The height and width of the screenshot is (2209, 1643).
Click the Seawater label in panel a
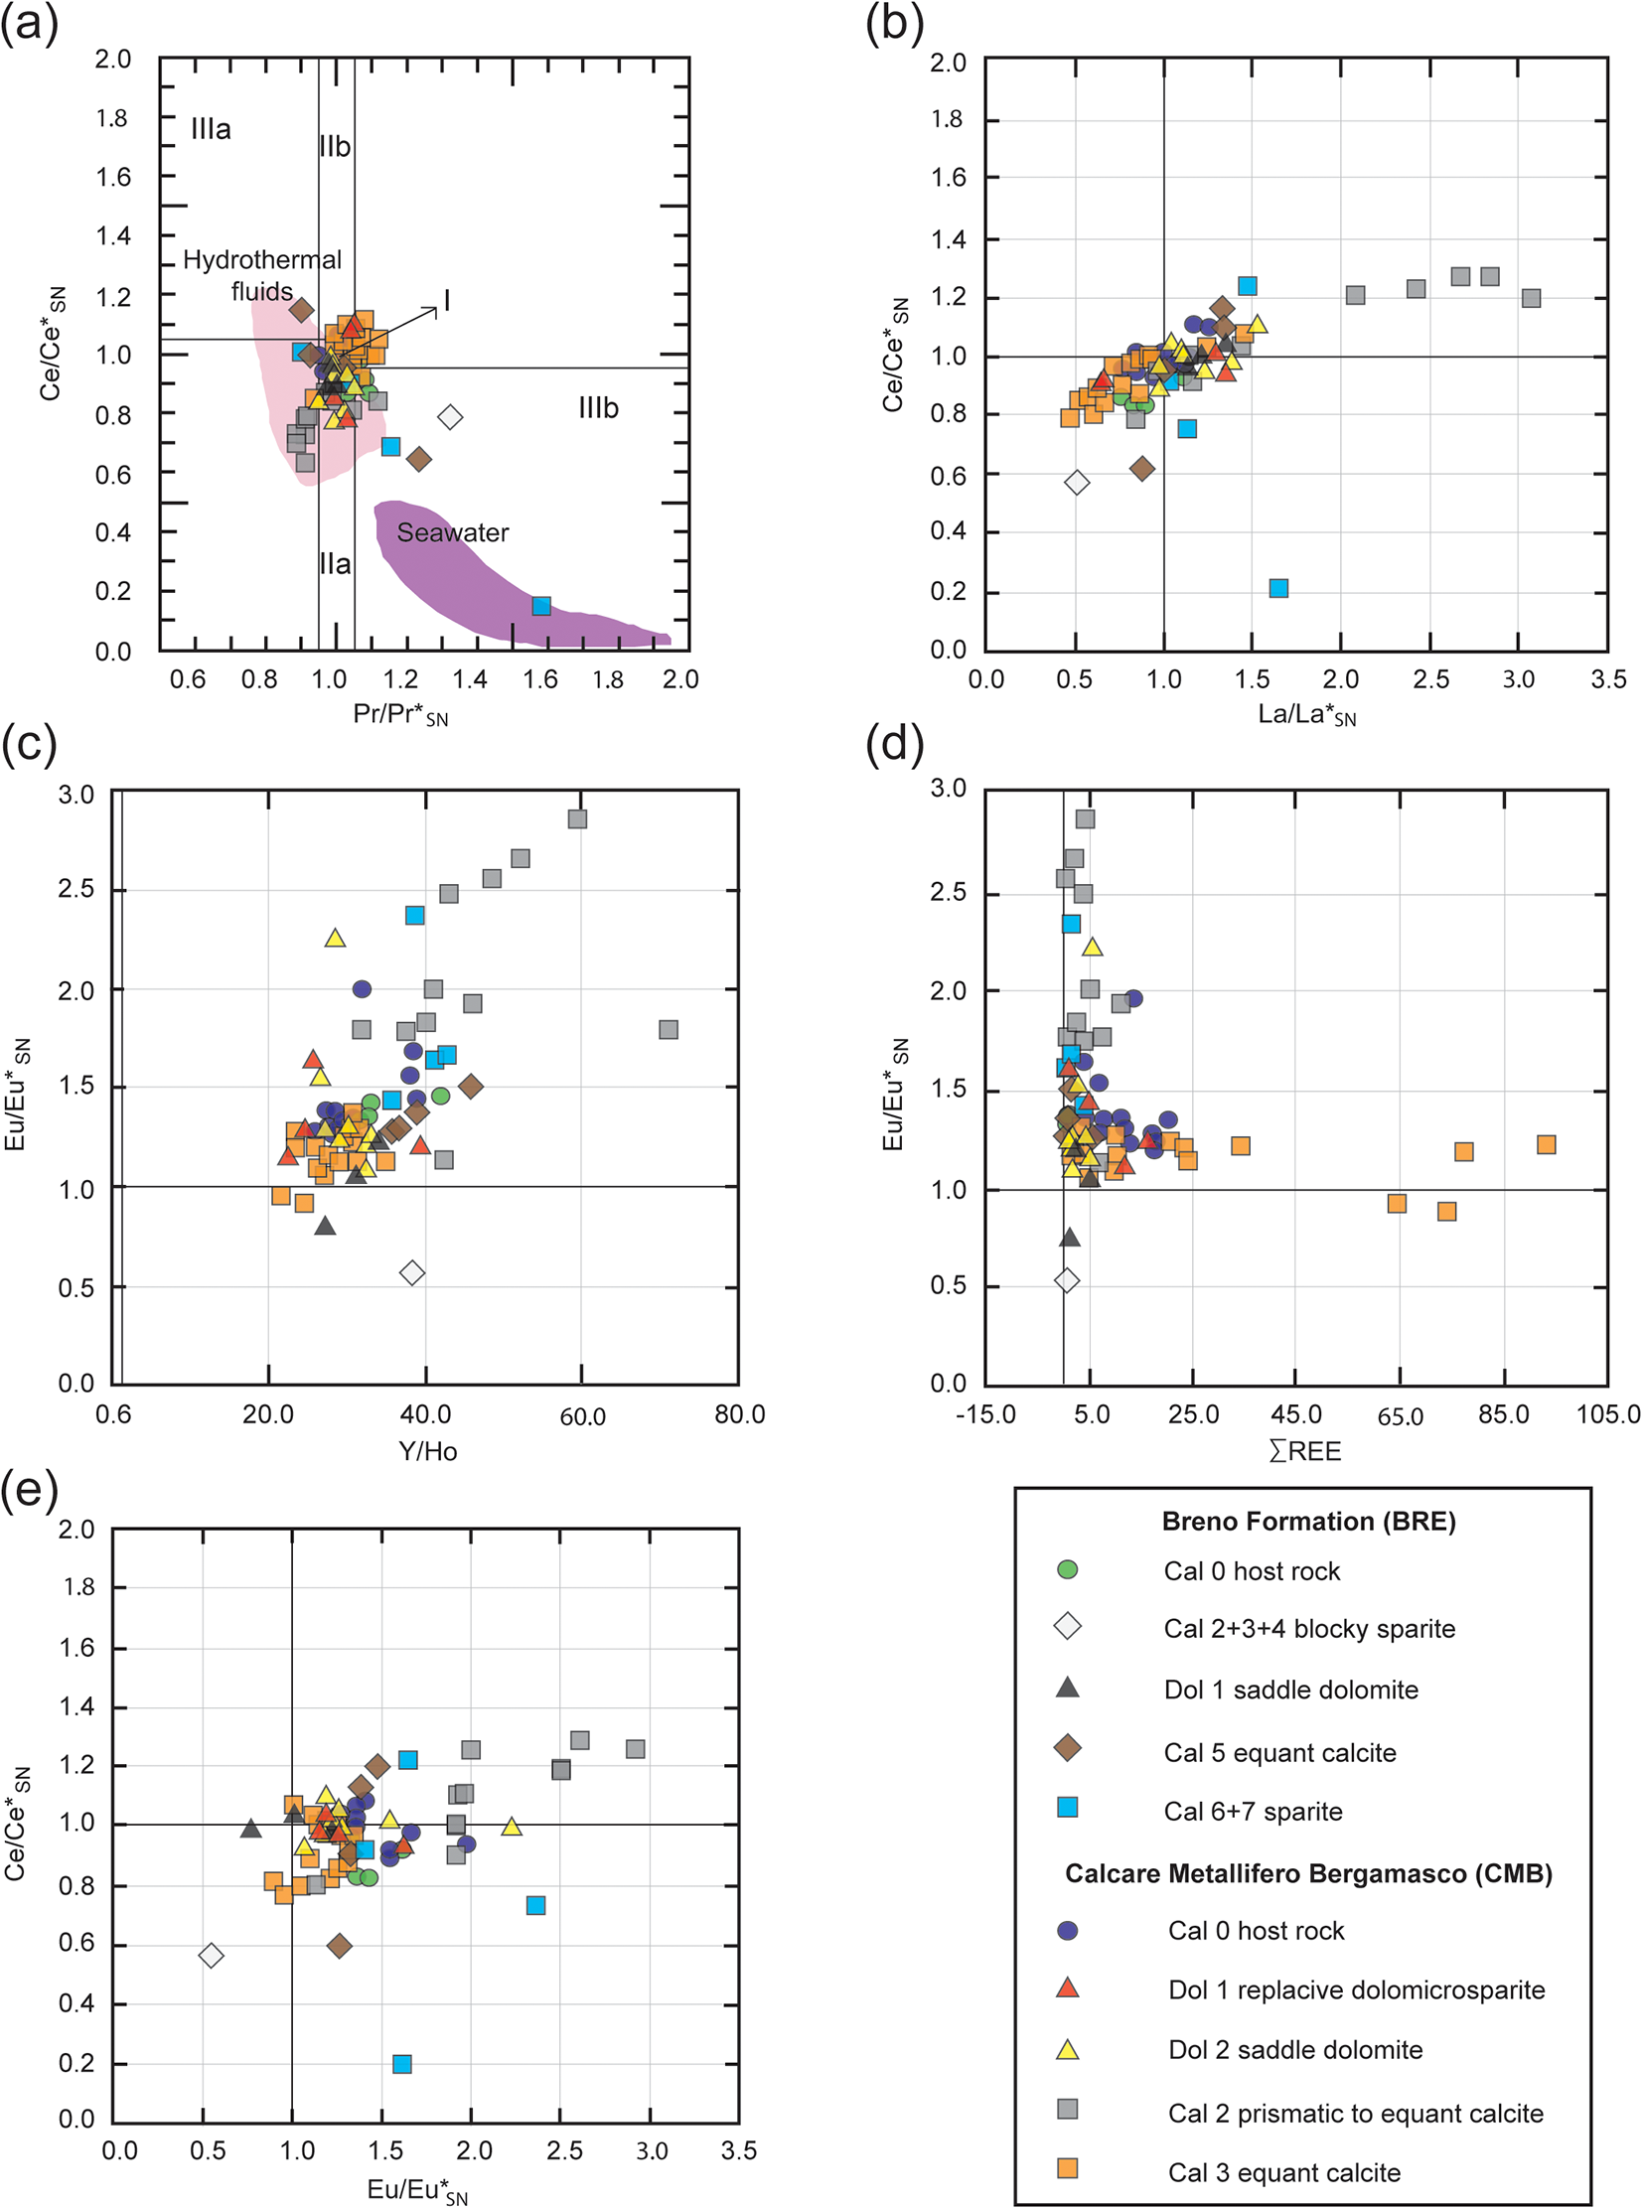coord(453,533)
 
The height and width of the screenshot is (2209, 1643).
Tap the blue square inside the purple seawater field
coord(541,606)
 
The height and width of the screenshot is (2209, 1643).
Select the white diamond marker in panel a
coord(451,417)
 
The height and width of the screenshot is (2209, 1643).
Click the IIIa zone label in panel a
coord(211,129)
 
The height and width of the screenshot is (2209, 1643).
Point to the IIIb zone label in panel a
coord(598,408)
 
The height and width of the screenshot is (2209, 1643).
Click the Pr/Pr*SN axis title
coord(399,714)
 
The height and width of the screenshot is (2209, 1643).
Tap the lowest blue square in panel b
coord(1279,588)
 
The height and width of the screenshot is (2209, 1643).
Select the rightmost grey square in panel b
coord(1532,297)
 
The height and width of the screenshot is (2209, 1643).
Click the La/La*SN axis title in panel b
coord(1307,714)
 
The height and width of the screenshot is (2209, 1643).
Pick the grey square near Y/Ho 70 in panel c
coord(669,1029)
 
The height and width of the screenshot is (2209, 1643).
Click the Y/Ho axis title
coord(428,1451)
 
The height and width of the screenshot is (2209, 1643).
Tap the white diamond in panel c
coord(412,1272)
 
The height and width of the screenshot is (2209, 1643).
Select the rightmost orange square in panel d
coord(1546,1145)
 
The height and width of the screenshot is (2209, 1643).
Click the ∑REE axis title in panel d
coord(1305,1451)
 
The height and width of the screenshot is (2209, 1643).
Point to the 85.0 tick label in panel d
coord(1503,1414)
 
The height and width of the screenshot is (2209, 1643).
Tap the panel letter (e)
coord(30,1491)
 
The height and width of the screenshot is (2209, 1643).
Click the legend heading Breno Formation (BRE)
coord(1308,1521)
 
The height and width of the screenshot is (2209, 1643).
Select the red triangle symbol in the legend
coord(1067,1988)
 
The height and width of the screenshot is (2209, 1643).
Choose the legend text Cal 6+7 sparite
coord(1254,1811)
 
